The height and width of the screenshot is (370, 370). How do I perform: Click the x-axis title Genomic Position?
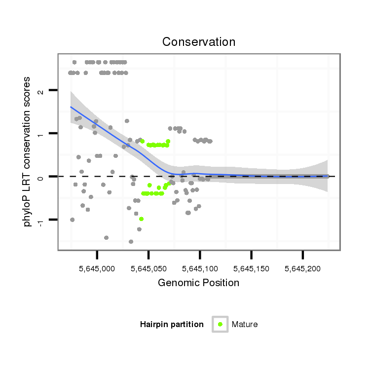198,283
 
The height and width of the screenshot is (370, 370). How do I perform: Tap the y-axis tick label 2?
40,91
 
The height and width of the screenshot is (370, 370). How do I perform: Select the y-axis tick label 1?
40,134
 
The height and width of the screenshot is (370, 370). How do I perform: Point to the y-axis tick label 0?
40,177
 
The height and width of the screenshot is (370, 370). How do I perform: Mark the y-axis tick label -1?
40,221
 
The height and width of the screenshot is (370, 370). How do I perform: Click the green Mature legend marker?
220,324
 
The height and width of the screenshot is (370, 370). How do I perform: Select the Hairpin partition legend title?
172,325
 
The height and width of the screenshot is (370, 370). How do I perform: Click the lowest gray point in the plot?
131,242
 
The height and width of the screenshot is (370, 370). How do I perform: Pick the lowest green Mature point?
142,219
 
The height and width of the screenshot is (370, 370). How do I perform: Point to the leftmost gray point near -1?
73,220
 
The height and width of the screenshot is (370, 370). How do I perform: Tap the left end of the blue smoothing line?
71,107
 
